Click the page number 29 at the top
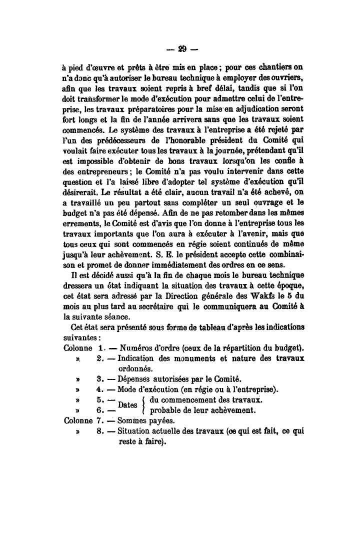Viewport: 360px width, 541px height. click(181, 49)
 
